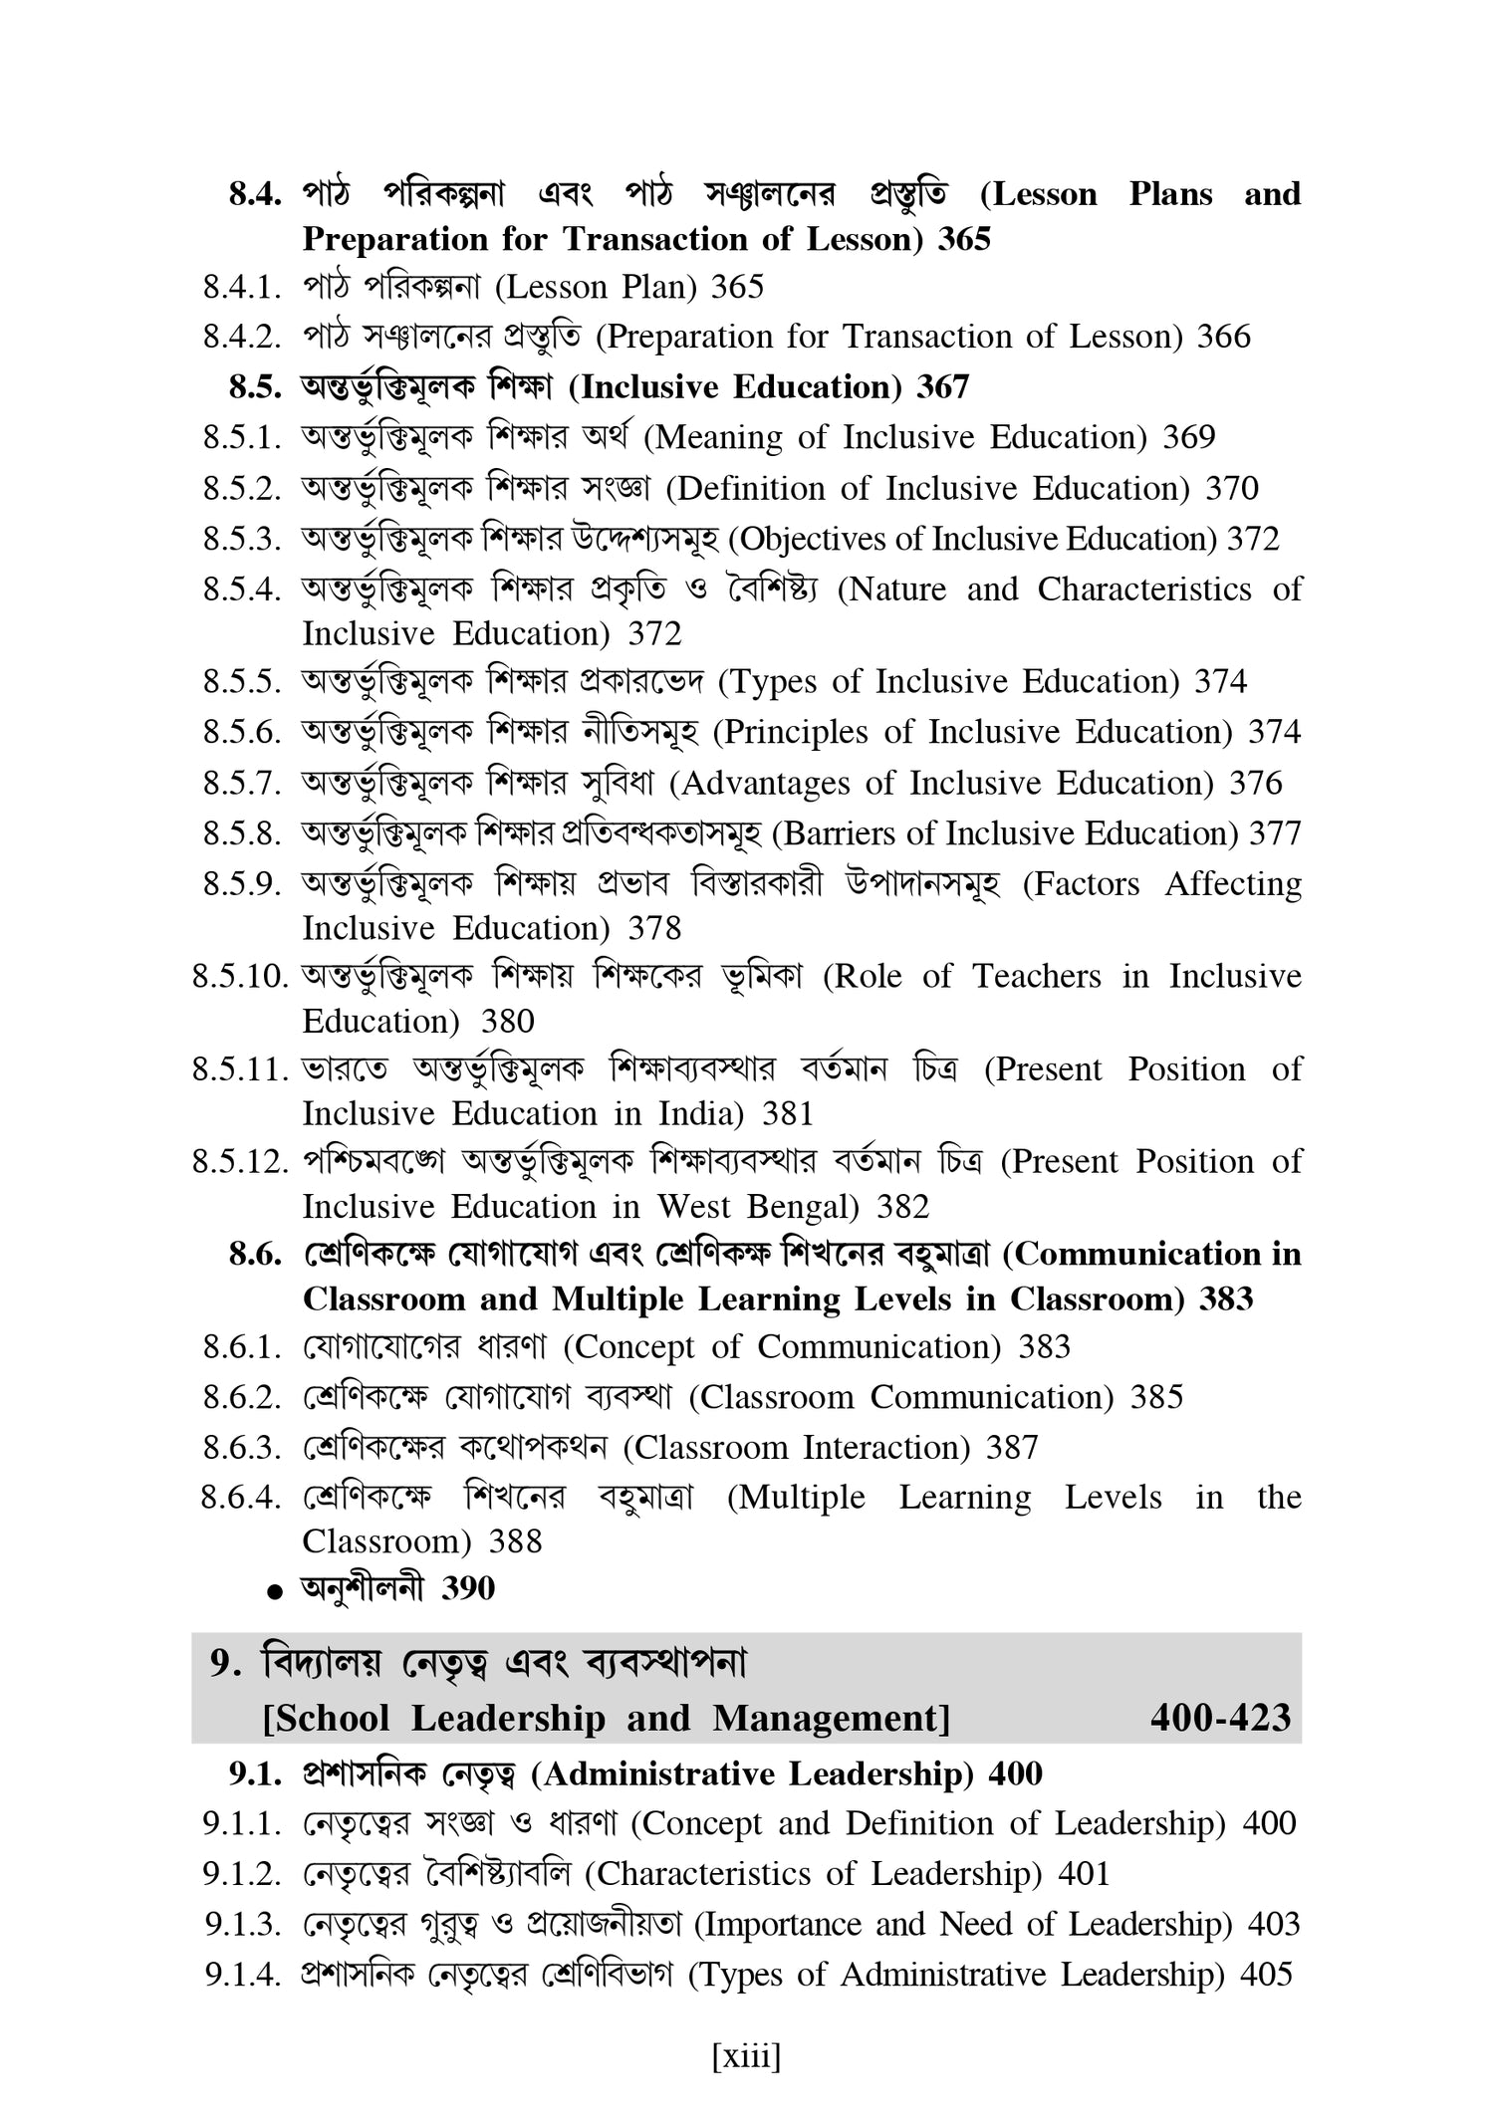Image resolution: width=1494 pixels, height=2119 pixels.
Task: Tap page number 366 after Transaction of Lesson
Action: pos(1223,338)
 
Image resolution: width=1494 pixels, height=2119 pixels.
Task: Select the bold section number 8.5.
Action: pos(256,387)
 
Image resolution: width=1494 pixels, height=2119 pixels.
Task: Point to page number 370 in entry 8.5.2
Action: pos(1232,489)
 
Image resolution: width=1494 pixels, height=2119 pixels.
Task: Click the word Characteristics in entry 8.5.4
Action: pos(1144,589)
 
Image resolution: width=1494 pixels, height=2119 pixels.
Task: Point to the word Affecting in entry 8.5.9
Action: pos(1233,884)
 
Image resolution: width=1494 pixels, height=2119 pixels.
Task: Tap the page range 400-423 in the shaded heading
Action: pos(1220,1718)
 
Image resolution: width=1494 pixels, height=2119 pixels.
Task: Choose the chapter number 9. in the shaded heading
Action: pos(225,1664)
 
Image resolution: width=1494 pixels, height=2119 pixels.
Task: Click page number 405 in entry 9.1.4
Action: pos(1266,1975)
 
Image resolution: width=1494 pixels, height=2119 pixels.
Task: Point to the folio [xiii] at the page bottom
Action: pos(746,2056)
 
